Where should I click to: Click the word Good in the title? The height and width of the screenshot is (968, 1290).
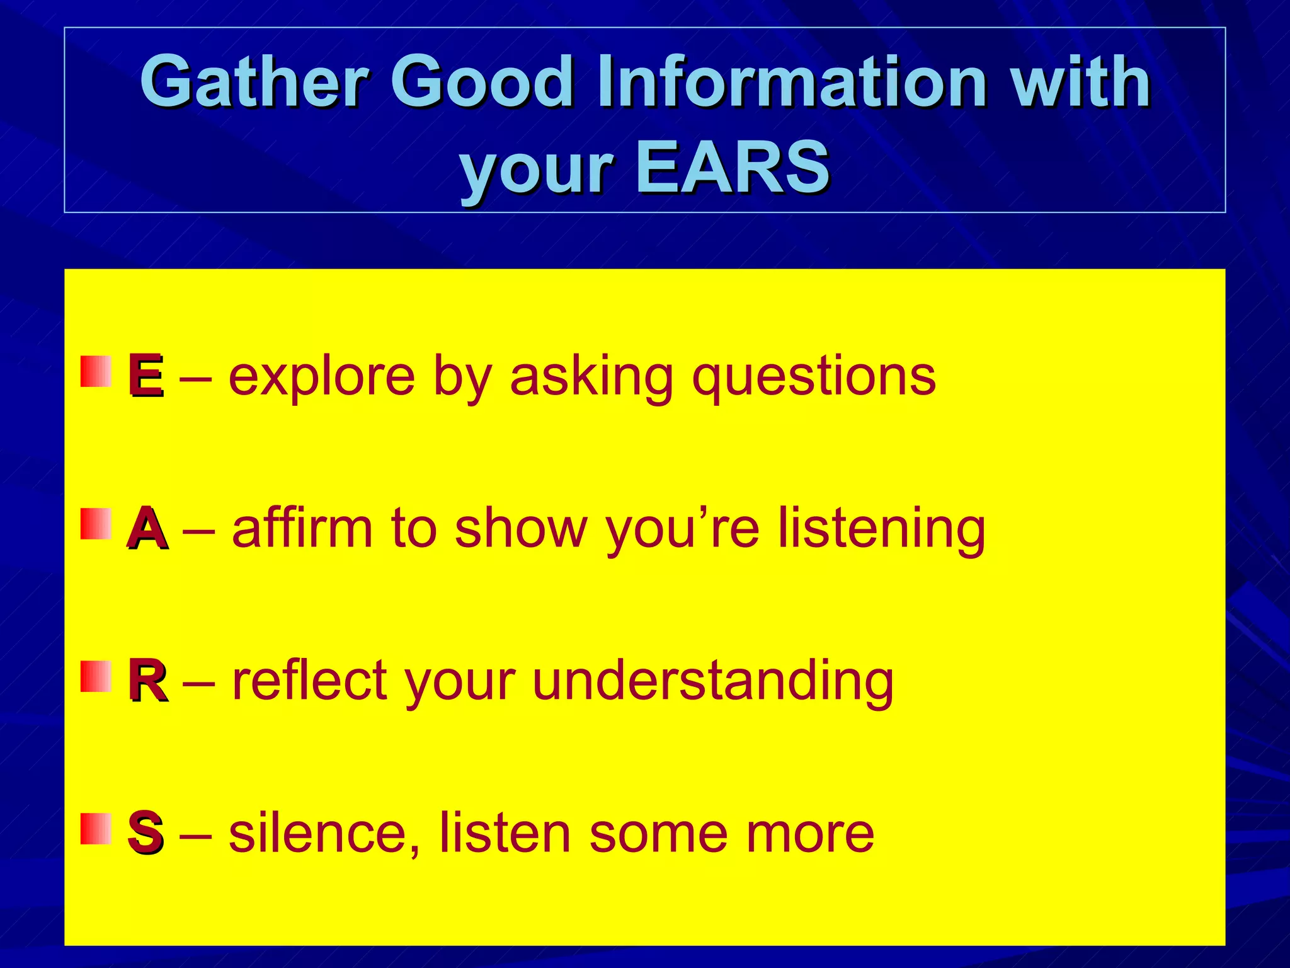pyautogui.click(x=481, y=82)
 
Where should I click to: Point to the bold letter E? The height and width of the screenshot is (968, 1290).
pyautogui.click(x=146, y=376)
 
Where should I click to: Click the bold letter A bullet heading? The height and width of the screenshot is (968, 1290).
pyautogui.click(x=147, y=529)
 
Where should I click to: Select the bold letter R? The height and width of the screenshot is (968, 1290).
pyautogui.click(x=147, y=681)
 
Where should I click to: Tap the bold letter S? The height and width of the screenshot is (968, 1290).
pyautogui.click(x=146, y=833)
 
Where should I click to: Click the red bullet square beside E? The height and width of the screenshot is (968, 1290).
pyautogui.click(x=96, y=371)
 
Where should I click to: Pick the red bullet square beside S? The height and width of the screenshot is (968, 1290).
pyautogui.click(x=96, y=828)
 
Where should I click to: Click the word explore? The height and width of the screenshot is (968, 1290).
pyautogui.click(x=322, y=377)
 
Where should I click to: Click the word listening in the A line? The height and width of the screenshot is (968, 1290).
pyautogui.click(x=881, y=529)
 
